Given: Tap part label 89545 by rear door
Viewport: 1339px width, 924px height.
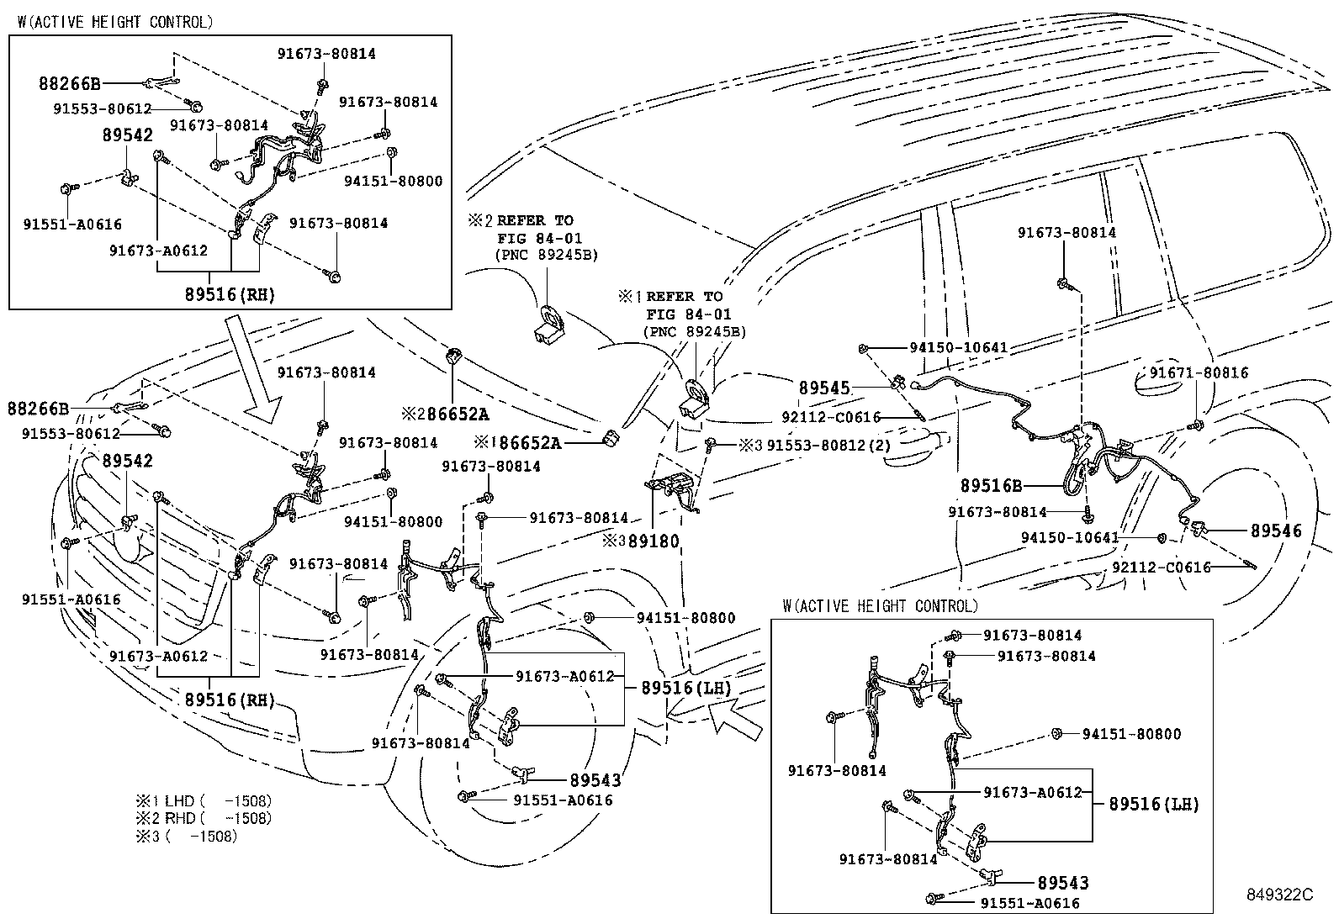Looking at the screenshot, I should [824, 388].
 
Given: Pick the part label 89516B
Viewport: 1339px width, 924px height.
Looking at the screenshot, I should [992, 486].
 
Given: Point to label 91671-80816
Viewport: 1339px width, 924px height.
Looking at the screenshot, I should [1199, 372].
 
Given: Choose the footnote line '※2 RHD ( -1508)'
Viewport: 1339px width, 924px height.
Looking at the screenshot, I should [204, 818].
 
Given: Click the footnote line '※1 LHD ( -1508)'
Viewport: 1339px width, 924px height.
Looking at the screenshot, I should [204, 801].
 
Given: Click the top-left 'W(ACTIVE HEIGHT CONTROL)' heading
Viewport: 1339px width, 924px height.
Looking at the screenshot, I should [114, 22].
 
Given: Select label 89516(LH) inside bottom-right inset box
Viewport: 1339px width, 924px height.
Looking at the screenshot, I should [1154, 804].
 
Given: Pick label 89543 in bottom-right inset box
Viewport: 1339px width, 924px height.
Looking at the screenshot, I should [1062, 883].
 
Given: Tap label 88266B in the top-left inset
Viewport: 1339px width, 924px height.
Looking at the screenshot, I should [69, 83].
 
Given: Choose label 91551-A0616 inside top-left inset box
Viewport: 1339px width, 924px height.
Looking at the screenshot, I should [71, 224].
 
